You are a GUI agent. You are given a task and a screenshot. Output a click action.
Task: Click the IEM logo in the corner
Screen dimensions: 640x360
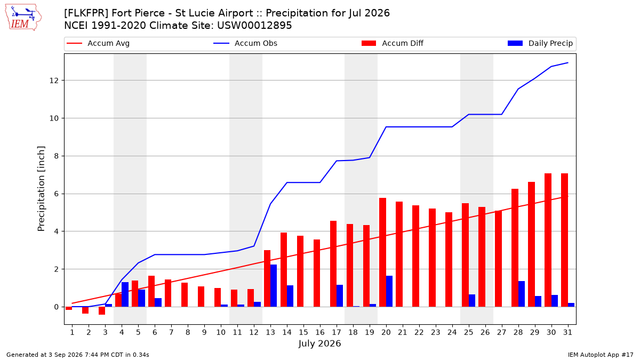pyautogui.click(x=23, y=18)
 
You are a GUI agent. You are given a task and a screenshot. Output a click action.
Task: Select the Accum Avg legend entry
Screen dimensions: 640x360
pyautogui.click(x=98, y=43)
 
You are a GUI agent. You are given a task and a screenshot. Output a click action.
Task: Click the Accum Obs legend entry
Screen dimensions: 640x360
pyautogui.click(x=245, y=43)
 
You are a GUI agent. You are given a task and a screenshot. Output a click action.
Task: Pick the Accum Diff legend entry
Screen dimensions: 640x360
pyautogui.click(x=393, y=43)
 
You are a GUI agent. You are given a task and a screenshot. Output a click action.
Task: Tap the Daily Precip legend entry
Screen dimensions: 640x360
pyautogui.click(x=540, y=43)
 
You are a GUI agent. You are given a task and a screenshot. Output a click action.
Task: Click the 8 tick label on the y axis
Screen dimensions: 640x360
pyautogui.click(x=56, y=156)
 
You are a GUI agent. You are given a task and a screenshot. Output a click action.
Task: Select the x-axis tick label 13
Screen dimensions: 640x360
pyautogui.click(x=270, y=332)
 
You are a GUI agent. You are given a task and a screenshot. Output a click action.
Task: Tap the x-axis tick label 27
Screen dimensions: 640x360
pyautogui.click(x=501, y=332)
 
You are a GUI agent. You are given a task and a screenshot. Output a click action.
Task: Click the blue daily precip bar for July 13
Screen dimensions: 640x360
pyautogui.click(x=274, y=286)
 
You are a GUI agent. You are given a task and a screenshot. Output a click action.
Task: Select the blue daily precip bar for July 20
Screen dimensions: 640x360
pyautogui.click(x=389, y=291)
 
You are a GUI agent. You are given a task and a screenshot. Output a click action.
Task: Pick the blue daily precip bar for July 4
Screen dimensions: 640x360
pyautogui.click(x=125, y=294)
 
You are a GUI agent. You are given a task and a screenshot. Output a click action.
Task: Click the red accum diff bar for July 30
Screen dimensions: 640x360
pyautogui.click(x=548, y=240)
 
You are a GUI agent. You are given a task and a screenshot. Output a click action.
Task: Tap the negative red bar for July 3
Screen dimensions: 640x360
pyautogui.click(x=102, y=311)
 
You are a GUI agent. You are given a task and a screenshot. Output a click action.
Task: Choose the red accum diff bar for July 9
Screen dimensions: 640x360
pyautogui.click(x=201, y=297)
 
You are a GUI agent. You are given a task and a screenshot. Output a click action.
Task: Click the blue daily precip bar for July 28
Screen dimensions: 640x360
pyautogui.click(x=522, y=294)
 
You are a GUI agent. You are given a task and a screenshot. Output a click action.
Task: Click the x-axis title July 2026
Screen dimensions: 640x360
pyautogui.click(x=319, y=343)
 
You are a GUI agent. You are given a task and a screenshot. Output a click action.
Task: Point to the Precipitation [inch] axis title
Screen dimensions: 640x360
pyautogui.click(x=41, y=189)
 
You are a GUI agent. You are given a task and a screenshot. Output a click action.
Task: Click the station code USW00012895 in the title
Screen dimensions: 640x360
pyautogui.click(x=254, y=26)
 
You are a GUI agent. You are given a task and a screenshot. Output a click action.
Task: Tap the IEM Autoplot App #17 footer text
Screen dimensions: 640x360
pyautogui.click(x=601, y=355)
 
